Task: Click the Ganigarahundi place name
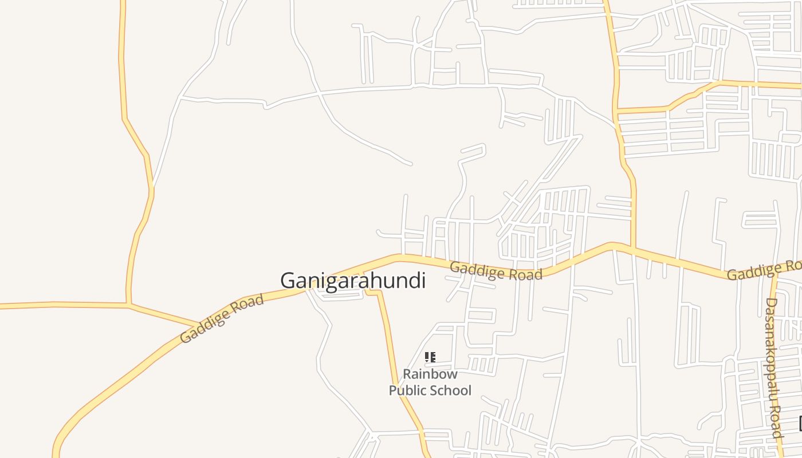point(352,281)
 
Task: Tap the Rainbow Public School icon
point(430,357)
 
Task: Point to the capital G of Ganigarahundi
point(287,281)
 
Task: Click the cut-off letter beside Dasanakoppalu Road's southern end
point(800,423)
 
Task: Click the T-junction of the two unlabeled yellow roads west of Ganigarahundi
point(129,305)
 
